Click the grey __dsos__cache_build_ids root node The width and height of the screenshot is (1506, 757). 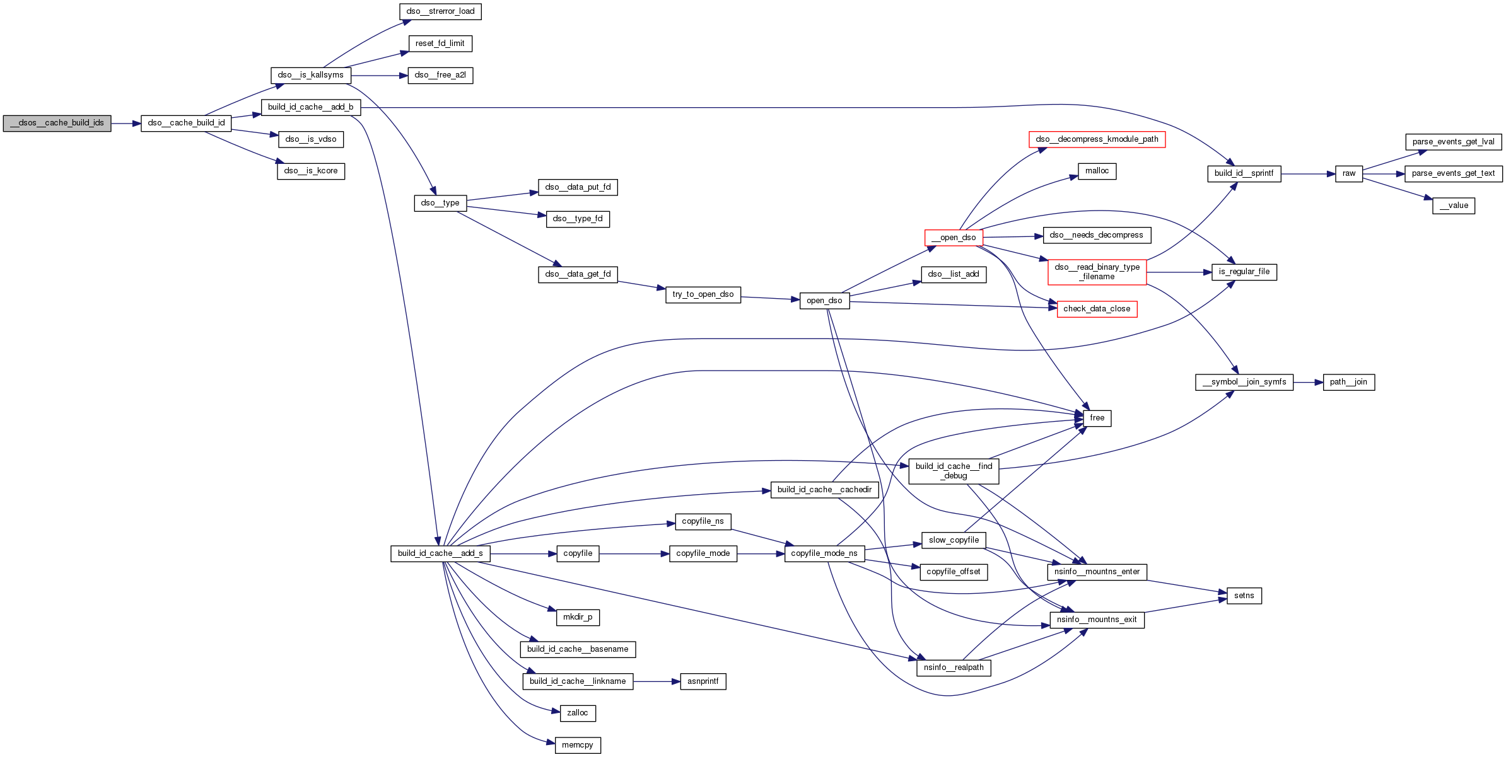coord(57,124)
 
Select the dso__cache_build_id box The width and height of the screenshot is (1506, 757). coord(186,124)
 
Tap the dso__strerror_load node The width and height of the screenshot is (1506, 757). coord(440,12)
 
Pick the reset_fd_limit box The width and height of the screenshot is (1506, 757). coord(440,44)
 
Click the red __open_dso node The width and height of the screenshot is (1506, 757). coord(954,238)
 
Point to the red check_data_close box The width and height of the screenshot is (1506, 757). coord(1097,309)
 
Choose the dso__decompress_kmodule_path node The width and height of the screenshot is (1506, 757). coord(1097,140)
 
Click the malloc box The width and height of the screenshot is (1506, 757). coord(1097,171)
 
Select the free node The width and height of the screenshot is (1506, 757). coord(1097,419)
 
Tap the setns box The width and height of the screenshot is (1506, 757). coord(1244,596)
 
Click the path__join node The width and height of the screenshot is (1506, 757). coord(1348,383)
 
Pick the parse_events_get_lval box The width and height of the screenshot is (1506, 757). coord(1453,142)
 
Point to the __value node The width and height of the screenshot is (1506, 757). coord(1453,206)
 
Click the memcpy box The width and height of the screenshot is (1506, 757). coord(577,746)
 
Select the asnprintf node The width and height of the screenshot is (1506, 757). coord(703,682)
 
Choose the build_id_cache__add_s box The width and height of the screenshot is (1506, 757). coord(440,554)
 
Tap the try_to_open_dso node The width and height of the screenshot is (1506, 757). coord(703,295)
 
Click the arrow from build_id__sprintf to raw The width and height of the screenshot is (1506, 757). coord(1308,174)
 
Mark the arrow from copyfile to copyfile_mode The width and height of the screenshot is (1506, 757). coord(634,554)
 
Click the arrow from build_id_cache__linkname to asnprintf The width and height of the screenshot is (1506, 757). coord(657,682)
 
